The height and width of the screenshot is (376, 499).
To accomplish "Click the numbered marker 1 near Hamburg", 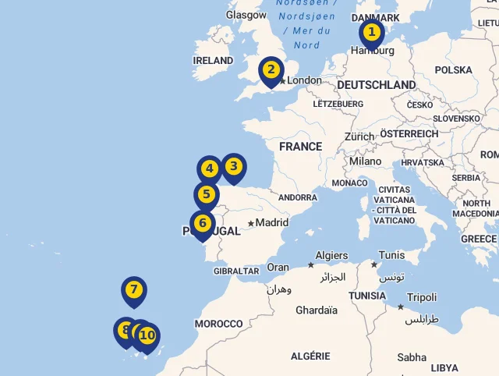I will click(372, 33).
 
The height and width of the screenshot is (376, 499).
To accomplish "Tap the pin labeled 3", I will click(233, 166).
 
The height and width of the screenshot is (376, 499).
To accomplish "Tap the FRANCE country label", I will click(300, 147).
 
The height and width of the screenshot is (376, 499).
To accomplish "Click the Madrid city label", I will click(272, 222).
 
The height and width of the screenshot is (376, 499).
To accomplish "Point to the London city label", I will click(304, 80).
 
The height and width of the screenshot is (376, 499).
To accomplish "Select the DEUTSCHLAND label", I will click(377, 85).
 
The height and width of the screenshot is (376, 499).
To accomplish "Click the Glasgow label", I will click(246, 15).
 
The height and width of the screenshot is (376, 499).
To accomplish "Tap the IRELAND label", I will click(213, 60).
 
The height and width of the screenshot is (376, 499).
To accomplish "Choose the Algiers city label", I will click(332, 256).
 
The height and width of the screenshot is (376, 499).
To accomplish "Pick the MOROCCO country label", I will click(219, 324).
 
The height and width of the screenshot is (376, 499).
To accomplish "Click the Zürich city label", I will click(359, 137).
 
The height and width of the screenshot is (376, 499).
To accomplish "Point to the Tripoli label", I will click(422, 298).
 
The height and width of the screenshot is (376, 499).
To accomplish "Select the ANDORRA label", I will click(298, 198).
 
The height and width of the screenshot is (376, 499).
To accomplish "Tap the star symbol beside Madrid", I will click(251, 223).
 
